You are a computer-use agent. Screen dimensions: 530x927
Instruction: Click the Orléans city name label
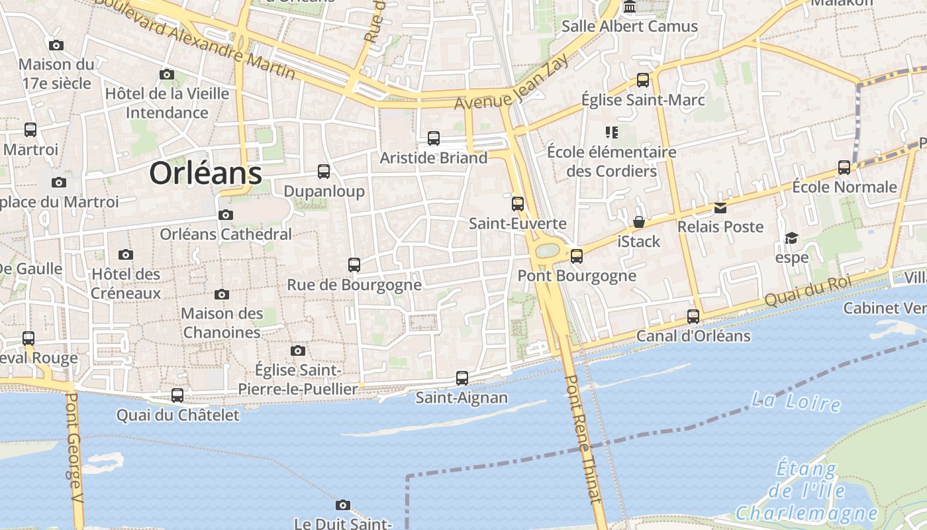(x=205, y=174)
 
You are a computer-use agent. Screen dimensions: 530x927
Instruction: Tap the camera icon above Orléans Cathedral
(x=226, y=215)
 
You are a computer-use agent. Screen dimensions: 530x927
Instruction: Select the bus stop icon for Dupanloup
(x=324, y=172)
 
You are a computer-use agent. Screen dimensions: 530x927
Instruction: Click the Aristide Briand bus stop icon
(x=434, y=138)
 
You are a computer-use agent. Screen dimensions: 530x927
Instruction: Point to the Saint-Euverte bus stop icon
(x=518, y=204)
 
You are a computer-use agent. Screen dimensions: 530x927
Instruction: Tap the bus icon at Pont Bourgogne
(x=577, y=256)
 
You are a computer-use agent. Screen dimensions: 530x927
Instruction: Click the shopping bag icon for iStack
(x=639, y=222)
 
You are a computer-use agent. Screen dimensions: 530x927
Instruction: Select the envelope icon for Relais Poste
(x=720, y=208)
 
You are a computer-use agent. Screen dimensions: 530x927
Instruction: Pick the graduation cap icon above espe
(x=791, y=238)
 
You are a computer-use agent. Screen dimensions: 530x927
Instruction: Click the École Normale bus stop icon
(x=844, y=167)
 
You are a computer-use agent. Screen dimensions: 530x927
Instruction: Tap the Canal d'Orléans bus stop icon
(x=693, y=317)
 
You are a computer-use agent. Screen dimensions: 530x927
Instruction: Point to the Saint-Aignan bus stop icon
(x=462, y=378)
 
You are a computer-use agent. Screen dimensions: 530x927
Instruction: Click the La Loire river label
(x=796, y=401)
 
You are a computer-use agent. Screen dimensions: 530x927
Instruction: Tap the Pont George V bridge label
(x=75, y=457)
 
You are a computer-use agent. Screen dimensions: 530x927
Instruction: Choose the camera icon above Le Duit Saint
(x=342, y=505)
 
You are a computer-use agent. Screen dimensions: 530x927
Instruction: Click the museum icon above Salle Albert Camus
(x=630, y=7)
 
